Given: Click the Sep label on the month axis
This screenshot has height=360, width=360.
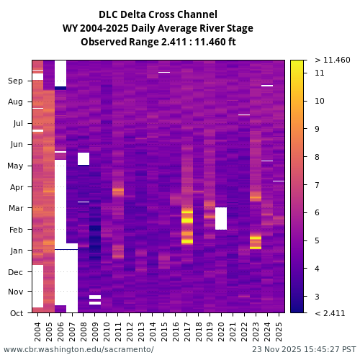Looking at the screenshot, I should tap(16, 81).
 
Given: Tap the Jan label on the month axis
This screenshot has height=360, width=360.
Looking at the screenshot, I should tap(16, 251).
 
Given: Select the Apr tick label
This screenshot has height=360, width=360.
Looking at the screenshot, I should tap(16, 187).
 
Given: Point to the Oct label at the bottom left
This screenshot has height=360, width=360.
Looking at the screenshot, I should tap(16, 312).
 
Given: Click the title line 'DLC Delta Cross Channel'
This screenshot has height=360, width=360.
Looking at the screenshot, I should tap(158, 14).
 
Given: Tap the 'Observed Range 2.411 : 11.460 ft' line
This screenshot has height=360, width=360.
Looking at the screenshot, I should tap(158, 42).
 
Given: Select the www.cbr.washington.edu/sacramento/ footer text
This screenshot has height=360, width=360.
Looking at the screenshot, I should tap(78, 349).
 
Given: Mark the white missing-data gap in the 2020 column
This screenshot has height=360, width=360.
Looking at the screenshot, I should tap(221, 218).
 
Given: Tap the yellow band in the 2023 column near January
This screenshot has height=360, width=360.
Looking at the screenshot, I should tap(256, 240).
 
